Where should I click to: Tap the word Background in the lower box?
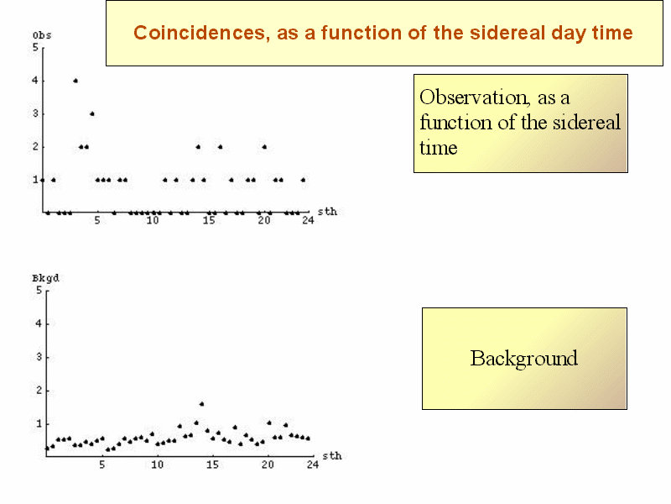[523, 359]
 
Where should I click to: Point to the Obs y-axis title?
[42, 35]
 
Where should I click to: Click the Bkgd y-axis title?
[45, 279]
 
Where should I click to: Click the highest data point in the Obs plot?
[75, 81]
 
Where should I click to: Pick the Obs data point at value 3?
[92, 113]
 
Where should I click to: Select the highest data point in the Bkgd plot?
[201, 404]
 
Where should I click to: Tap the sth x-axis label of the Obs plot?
[327, 212]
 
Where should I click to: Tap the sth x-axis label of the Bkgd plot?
[332, 455]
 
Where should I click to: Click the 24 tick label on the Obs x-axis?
[308, 220]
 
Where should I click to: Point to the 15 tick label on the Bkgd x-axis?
[213, 465]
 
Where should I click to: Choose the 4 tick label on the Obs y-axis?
[35, 81]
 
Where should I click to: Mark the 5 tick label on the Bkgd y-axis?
[39, 290]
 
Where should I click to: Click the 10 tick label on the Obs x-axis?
[153, 220]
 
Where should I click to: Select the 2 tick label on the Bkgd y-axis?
[39, 391]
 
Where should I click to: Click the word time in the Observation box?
[439, 148]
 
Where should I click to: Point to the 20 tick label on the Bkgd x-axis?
[268, 465]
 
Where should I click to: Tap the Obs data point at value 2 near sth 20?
[264, 146]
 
